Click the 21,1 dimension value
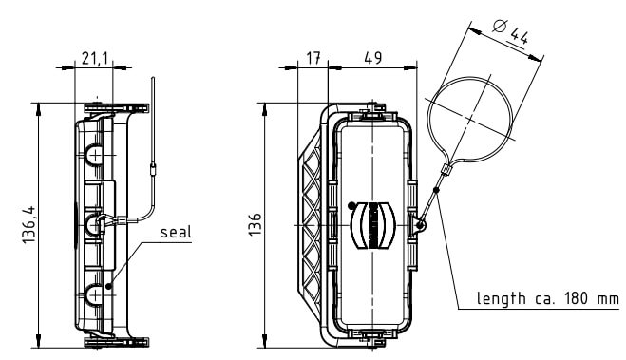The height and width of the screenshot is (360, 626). (95, 59)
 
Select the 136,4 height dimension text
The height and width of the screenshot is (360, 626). (28, 225)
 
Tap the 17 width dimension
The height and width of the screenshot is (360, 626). (313, 58)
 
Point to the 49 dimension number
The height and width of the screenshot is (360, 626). (373, 58)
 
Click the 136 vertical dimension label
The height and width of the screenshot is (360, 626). (256, 224)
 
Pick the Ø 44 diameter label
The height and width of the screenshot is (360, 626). (511, 31)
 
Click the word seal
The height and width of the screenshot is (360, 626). (176, 232)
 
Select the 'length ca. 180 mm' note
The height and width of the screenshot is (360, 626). (548, 298)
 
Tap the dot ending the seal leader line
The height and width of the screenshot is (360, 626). (108, 286)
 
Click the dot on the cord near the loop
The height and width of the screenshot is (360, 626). (436, 190)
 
